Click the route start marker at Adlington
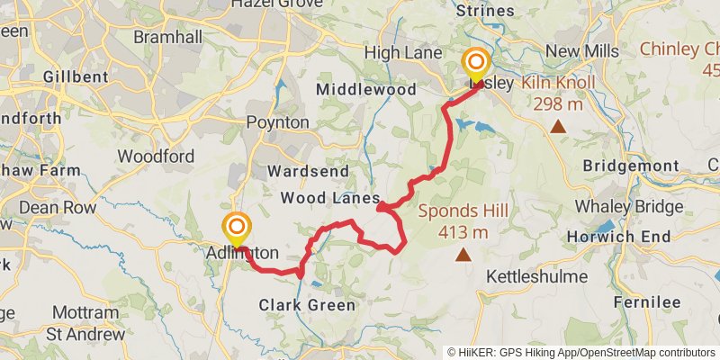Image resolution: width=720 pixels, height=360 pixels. pos(237,229)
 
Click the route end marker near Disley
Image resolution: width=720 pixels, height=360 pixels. pos(474,67)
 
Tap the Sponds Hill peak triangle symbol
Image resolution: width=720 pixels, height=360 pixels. pos(463,256)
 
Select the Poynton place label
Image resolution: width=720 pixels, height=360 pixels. pos(278,122)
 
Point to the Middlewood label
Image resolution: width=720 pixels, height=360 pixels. pos(366,90)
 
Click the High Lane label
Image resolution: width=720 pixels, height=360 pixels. pos(403,53)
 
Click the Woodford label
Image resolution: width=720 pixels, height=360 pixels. pos(156,157)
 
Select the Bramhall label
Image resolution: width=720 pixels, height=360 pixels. pos(163,37)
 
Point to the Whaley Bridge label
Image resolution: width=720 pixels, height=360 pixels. pos(629,206)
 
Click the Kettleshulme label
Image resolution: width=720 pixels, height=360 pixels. pos(536,276)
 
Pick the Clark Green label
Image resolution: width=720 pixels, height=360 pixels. pos(307,305)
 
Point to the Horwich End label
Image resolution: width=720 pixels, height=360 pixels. pos(619,237)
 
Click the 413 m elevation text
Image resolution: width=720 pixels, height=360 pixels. pos(463,233)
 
